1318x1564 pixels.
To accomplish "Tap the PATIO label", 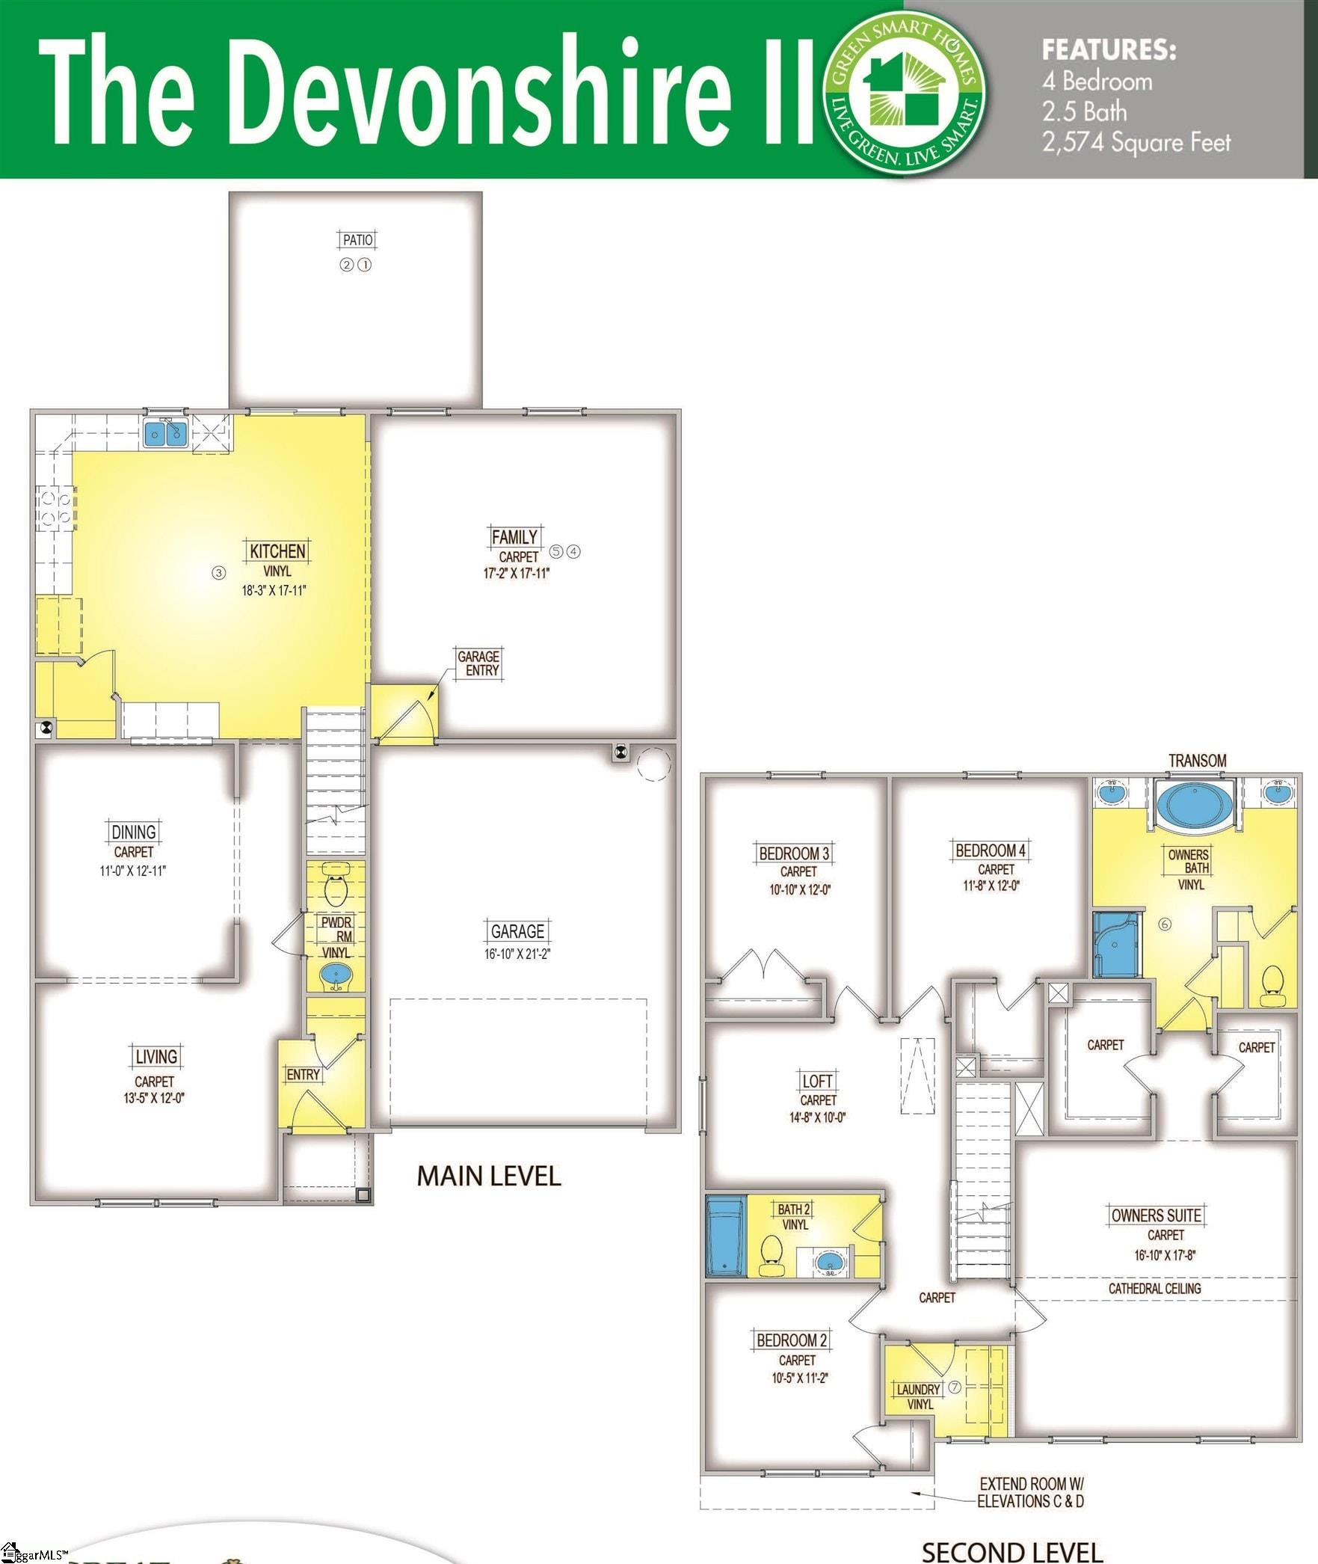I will (357, 240).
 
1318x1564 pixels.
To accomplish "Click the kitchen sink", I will (165, 433).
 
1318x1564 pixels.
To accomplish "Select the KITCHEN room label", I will (277, 551).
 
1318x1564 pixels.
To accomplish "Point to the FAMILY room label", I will (514, 537).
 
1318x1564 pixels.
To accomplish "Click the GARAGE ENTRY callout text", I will (478, 663).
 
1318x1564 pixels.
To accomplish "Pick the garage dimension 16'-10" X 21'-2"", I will (517, 954).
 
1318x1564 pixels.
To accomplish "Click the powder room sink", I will (336, 977).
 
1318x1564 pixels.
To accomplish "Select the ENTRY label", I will (303, 1075).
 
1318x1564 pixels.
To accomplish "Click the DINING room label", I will (134, 832).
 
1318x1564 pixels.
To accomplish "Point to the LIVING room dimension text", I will (154, 1098).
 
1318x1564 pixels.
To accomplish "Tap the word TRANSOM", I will (1198, 761).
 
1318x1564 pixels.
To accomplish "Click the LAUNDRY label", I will (919, 1389).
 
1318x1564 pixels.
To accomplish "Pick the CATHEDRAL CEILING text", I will (1154, 1288).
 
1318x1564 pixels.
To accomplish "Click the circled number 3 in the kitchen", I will (218, 573).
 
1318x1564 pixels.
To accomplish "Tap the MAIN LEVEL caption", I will (489, 1176).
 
